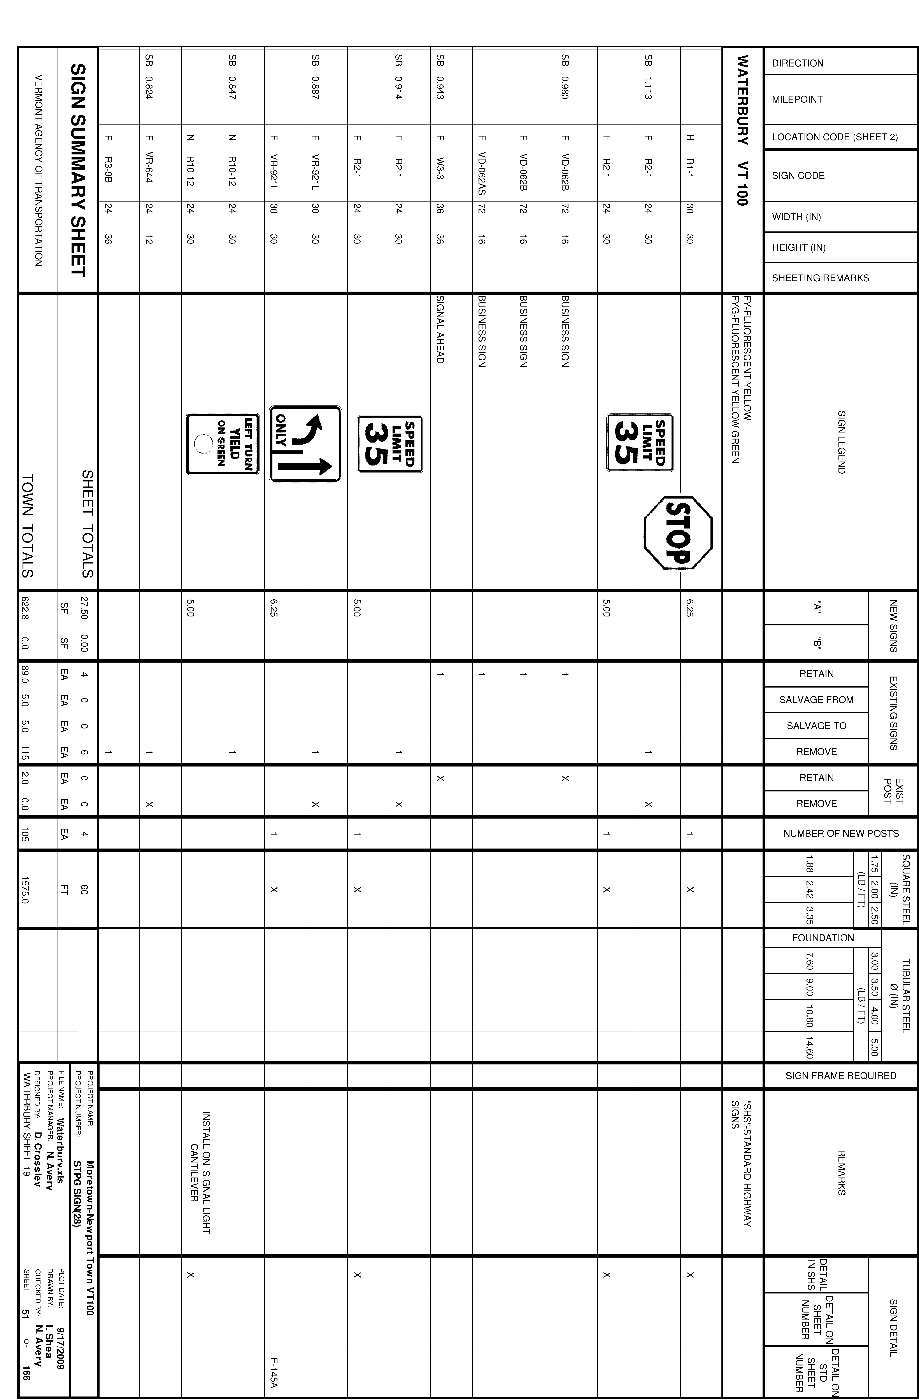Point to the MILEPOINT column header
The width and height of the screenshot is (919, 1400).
(797, 99)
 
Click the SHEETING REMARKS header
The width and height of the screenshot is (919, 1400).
(820, 278)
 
